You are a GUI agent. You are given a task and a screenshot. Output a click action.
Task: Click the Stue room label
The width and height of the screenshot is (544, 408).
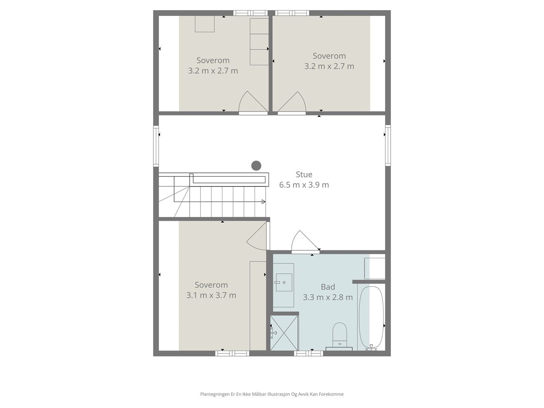pyautogui.click(x=304, y=175)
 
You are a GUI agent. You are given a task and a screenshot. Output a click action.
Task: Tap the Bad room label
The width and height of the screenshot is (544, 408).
pyautogui.click(x=328, y=287)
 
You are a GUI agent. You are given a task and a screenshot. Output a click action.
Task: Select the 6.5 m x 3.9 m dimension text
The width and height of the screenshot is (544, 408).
pyautogui.click(x=304, y=185)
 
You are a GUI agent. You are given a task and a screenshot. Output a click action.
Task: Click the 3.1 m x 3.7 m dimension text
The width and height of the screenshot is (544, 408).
pyautogui.click(x=211, y=295)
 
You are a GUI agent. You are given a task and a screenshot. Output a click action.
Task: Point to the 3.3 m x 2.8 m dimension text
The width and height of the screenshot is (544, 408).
pyautogui.click(x=328, y=297)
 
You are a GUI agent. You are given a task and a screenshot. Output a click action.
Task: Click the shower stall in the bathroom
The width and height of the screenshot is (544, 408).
pyautogui.click(x=284, y=332)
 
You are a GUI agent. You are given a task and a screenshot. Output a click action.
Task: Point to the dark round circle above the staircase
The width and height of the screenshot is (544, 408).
pyautogui.click(x=256, y=165)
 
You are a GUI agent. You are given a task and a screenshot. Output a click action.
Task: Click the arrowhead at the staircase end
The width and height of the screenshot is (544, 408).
pyautogui.click(x=263, y=202)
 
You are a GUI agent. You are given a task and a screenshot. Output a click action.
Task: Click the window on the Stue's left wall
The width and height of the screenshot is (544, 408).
pyautogui.click(x=156, y=146)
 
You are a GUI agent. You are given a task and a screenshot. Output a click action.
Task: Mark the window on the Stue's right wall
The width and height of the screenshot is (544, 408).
pyautogui.click(x=388, y=146)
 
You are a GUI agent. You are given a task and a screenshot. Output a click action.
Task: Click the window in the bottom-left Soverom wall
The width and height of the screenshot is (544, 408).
pyautogui.click(x=232, y=353)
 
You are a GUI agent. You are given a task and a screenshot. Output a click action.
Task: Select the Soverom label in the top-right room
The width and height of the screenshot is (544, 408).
pyautogui.click(x=329, y=56)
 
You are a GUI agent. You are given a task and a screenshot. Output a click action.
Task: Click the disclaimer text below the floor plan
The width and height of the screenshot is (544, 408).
pyautogui.click(x=272, y=394)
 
